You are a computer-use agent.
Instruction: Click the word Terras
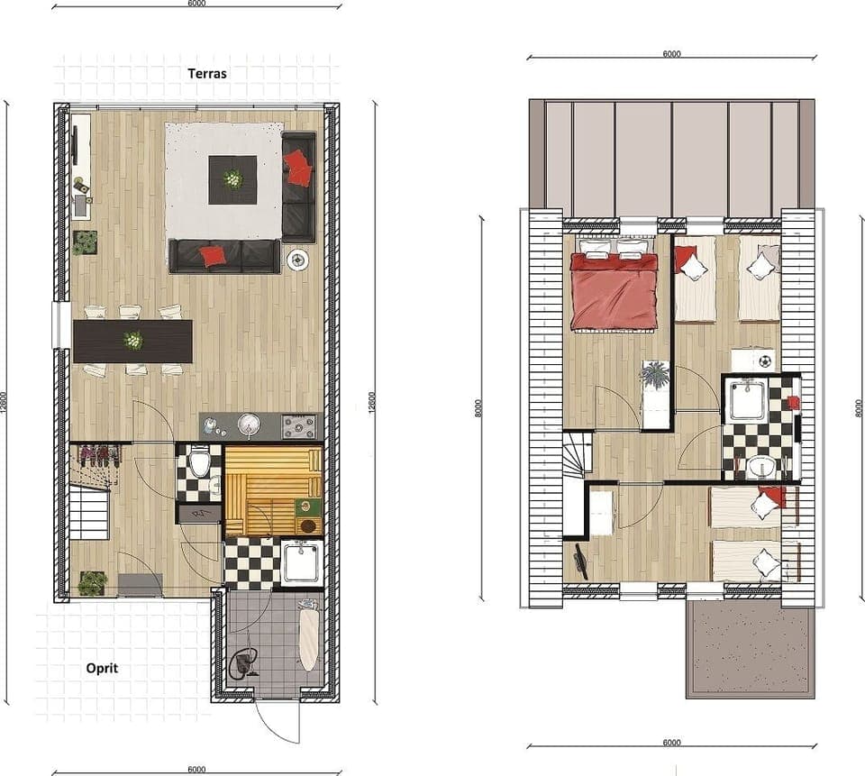[x=206, y=73]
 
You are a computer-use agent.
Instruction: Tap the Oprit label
[x=102, y=669]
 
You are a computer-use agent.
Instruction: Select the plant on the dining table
[x=133, y=340]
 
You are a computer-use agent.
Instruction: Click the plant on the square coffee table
[x=232, y=178]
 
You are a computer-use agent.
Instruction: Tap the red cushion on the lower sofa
[x=213, y=256]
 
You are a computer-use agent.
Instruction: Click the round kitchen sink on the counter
[x=249, y=423]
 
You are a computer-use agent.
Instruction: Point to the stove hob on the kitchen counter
[x=301, y=424]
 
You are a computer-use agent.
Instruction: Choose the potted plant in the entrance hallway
[x=92, y=583]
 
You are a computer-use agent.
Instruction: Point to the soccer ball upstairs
[x=764, y=361]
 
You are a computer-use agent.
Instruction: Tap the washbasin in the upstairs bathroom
[x=762, y=467]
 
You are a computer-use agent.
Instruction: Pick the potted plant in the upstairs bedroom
[x=655, y=375]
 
